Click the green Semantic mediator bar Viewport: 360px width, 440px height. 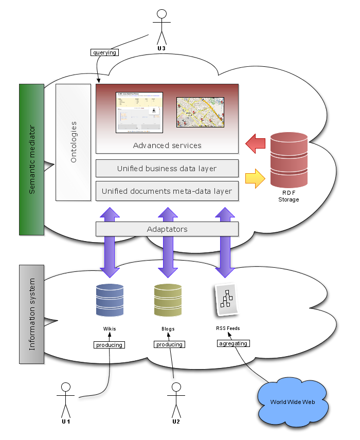[31, 159]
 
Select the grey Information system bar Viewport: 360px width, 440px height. [31, 314]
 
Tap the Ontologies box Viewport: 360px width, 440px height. [73, 142]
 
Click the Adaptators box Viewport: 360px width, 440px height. [167, 229]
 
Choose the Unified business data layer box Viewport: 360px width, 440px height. [167, 169]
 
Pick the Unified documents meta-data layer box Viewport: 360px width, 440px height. [167, 191]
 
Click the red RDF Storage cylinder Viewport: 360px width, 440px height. [289, 161]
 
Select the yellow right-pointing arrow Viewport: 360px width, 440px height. [255, 178]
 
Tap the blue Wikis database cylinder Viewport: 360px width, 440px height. [110, 300]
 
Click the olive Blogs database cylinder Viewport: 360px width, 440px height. [168, 300]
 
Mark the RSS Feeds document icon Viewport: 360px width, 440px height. [226, 299]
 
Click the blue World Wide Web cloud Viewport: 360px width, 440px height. [293, 400]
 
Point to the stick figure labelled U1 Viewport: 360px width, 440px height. [65, 399]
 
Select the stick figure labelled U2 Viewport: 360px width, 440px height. [176, 399]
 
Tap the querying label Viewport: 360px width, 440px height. [104, 52]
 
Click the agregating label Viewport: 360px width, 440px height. [233, 343]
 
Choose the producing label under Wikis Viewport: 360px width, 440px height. [110, 344]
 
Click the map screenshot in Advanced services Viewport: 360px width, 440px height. [193, 112]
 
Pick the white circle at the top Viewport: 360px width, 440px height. [161, 14]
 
